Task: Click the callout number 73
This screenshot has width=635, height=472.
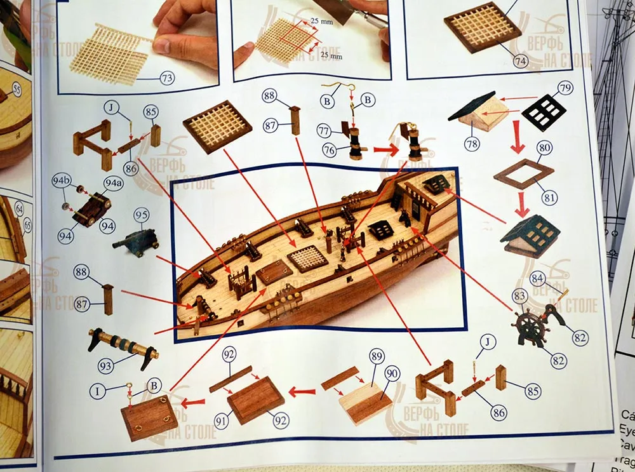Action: (x=167, y=78)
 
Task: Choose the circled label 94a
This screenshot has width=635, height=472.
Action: (x=112, y=184)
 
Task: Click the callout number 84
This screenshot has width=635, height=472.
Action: (x=537, y=278)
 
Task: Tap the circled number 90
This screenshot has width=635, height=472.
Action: (x=392, y=374)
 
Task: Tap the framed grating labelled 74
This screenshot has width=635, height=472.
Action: (x=482, y=27)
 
